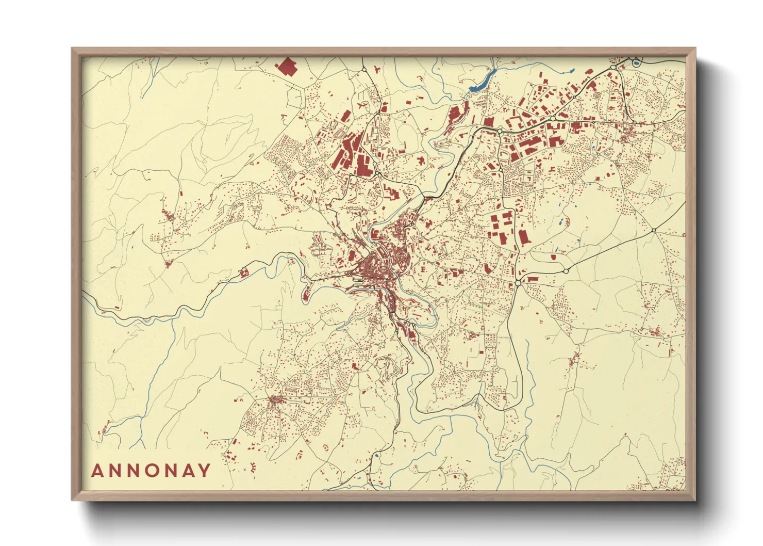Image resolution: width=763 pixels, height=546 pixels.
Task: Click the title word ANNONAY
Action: [151, 470]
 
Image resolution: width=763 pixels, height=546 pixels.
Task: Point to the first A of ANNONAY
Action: [97, 470]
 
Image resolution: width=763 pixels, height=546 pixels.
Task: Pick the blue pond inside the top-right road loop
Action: [636, 63]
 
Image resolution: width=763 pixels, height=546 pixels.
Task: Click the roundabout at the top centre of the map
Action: [364, 69]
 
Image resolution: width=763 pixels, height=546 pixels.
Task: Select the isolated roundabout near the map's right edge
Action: [653, 230]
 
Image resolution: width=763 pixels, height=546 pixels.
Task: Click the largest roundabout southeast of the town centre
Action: [518, 283]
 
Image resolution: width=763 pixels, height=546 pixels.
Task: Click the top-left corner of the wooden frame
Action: [73, 49]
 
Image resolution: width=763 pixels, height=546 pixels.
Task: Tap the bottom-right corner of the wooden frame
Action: [694, 500]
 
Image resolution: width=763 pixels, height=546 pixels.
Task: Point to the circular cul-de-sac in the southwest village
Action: [283, 438]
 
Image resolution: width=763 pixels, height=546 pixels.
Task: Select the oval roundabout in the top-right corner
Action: [613, 67]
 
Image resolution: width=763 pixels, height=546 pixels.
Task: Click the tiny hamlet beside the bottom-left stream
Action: [106, 428]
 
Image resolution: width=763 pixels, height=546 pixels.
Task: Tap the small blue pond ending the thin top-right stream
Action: [573, 71]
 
